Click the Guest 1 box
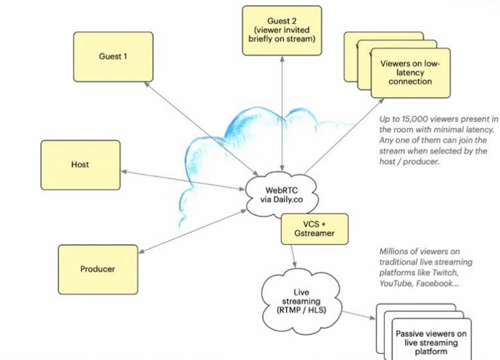pos(113,56)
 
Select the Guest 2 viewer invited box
pos(282,30)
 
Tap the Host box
pos(80,165)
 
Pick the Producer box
pos(97,269)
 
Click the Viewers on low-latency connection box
pos(411,73)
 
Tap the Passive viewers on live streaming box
pos(431,342)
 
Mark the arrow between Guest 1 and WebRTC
pos(200,126)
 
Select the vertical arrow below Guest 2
pos(282,112)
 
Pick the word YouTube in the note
pos(398,283)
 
